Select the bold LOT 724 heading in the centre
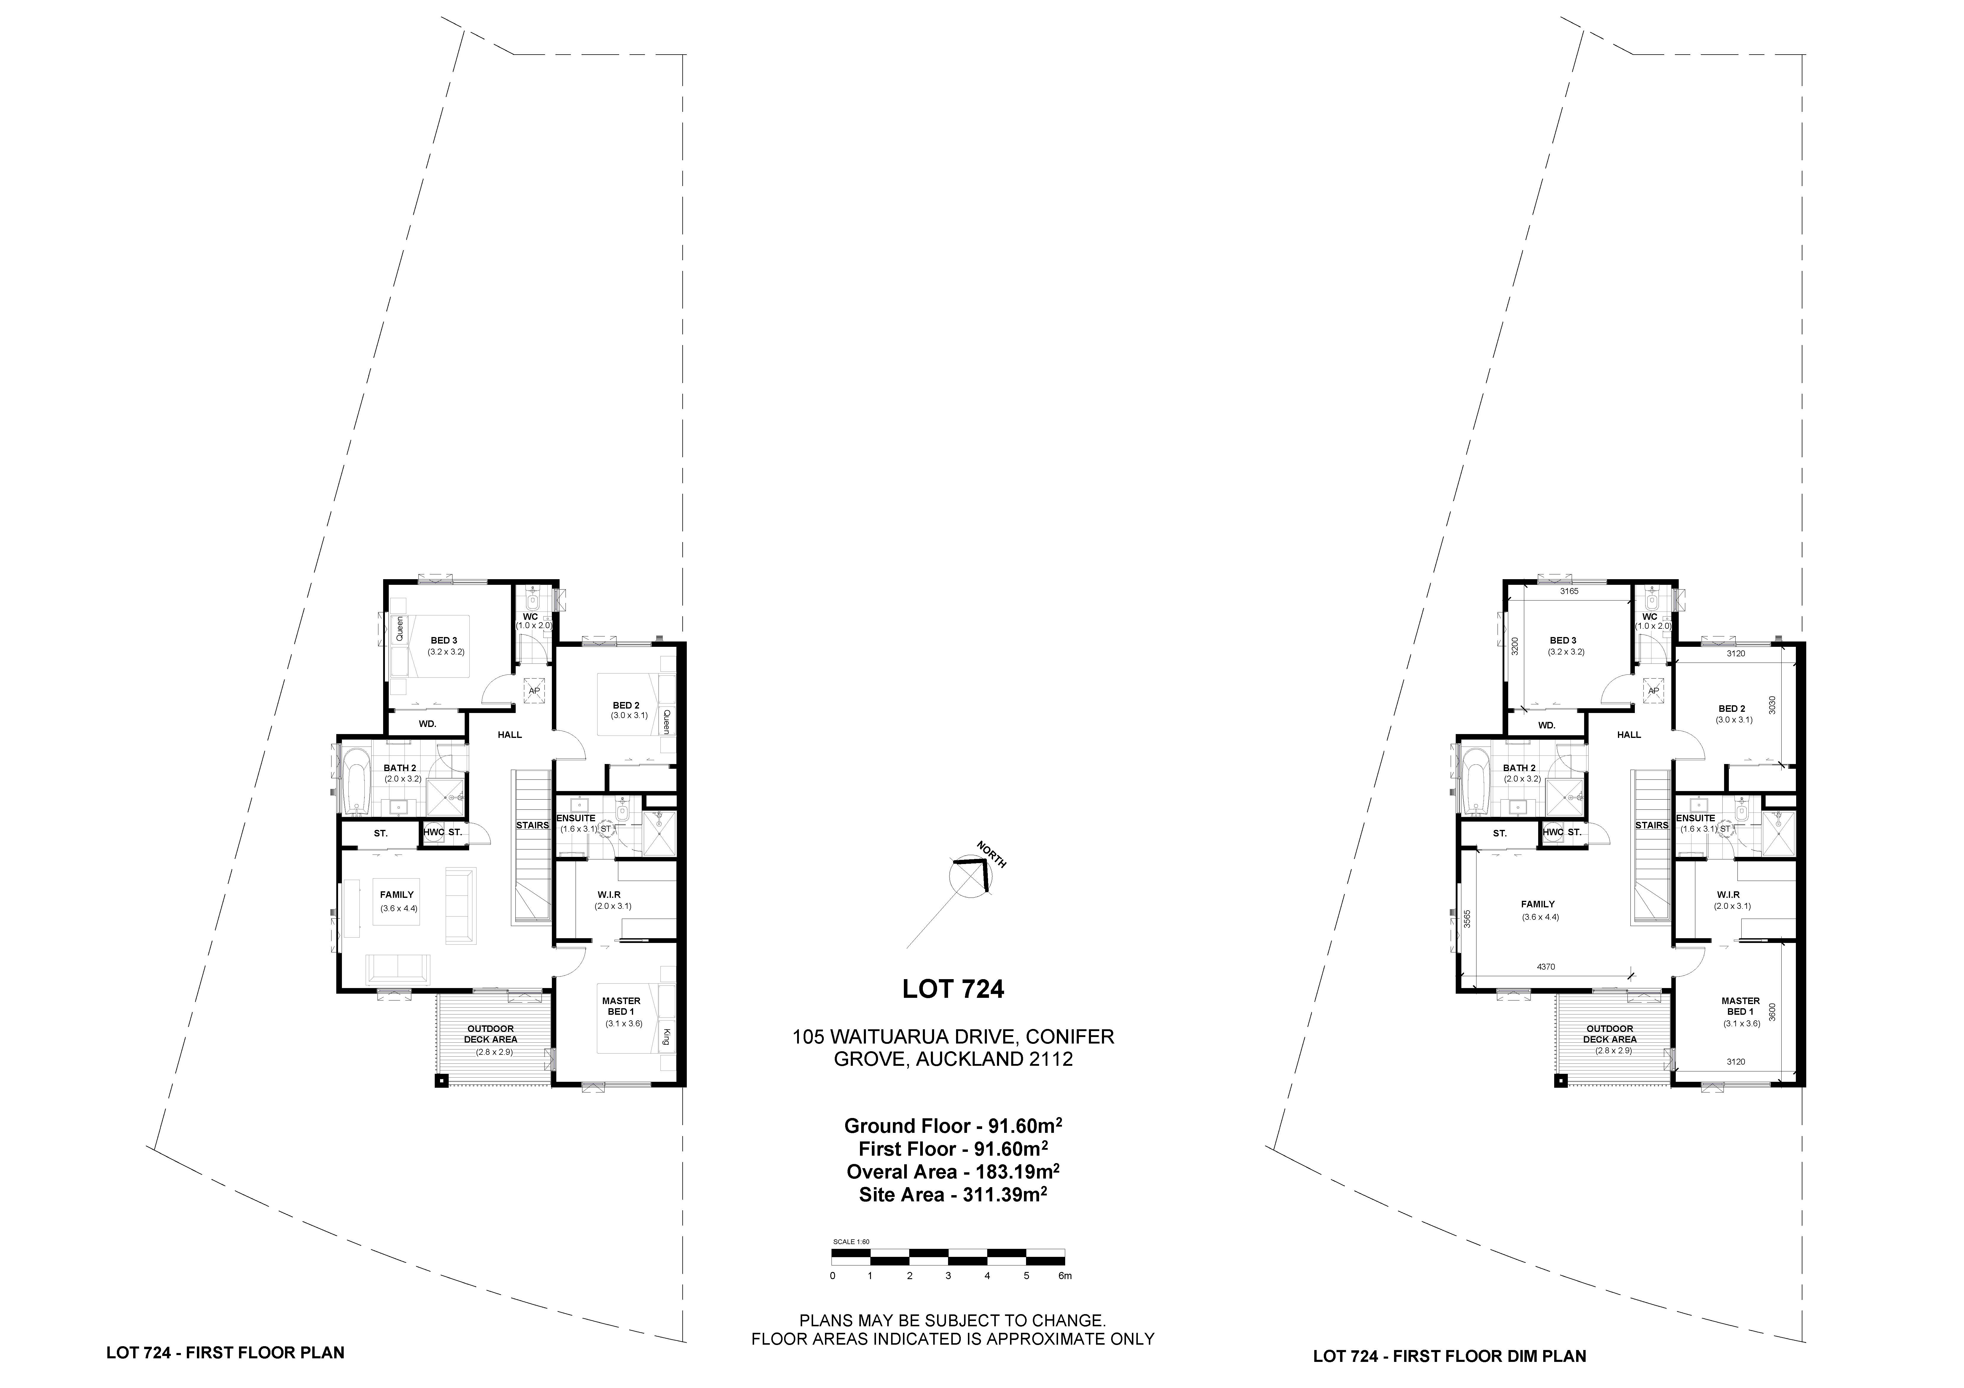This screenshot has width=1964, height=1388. pos(953,989)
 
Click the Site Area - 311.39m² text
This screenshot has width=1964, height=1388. pos(953,1194)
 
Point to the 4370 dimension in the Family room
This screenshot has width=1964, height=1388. pos(1546,967)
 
